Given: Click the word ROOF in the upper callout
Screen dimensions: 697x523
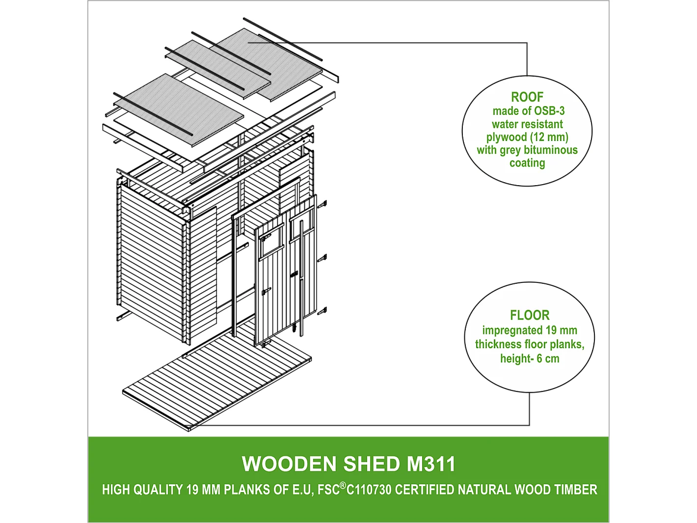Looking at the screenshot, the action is point(527,97).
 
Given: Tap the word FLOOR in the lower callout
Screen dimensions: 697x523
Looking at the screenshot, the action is point(530,315).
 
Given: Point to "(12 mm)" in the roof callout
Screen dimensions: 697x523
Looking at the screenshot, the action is point(549,137).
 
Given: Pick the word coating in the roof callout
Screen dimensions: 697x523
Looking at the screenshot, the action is point(527,163).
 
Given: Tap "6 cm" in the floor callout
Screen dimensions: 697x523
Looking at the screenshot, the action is point(548,358).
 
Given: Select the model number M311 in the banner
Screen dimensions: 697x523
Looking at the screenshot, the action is point(431,464).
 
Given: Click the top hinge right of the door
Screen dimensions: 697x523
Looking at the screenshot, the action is point(322,204).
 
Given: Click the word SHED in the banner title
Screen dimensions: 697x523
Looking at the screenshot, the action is point(372,464).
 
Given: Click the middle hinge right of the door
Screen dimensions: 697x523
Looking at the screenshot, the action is point(322,257).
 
